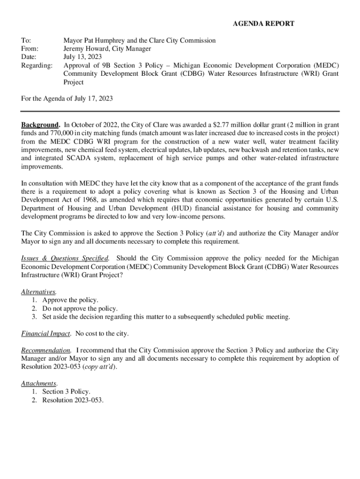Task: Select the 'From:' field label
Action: point(30,49)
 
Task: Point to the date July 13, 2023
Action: point(83,57)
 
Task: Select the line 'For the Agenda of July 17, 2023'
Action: point(67,99)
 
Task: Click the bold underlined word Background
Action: point(40,125)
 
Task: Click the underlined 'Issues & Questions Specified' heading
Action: point(65,258)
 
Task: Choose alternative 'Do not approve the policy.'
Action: point(80,309)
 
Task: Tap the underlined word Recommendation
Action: point(46,350)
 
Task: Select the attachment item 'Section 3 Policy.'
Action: point(66,392)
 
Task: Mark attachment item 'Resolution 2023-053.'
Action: point(73,400)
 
